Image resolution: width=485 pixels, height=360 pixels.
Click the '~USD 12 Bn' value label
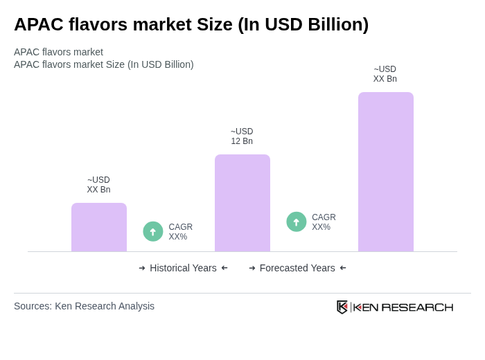242,136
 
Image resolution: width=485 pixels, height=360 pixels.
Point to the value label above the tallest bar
385,74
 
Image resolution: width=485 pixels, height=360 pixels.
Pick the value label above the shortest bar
98,185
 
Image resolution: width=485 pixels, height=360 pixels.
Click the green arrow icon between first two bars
153,231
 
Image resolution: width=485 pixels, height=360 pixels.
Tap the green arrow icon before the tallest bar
297,222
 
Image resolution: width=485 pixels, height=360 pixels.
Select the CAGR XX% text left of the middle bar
180,232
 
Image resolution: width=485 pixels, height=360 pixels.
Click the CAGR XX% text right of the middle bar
324,222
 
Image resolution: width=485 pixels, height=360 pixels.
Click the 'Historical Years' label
183,268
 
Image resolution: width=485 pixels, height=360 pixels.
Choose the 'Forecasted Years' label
297,268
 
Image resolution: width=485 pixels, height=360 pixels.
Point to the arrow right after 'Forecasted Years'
343,268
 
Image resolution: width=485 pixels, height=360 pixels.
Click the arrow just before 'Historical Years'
142,268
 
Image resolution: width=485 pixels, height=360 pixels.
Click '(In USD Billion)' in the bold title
303,24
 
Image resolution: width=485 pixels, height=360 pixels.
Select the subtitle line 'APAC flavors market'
58,52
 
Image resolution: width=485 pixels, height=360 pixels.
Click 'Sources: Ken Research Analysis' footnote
84,306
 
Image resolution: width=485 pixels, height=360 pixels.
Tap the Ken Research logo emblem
342,307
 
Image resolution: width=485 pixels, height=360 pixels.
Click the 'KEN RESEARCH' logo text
403,307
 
